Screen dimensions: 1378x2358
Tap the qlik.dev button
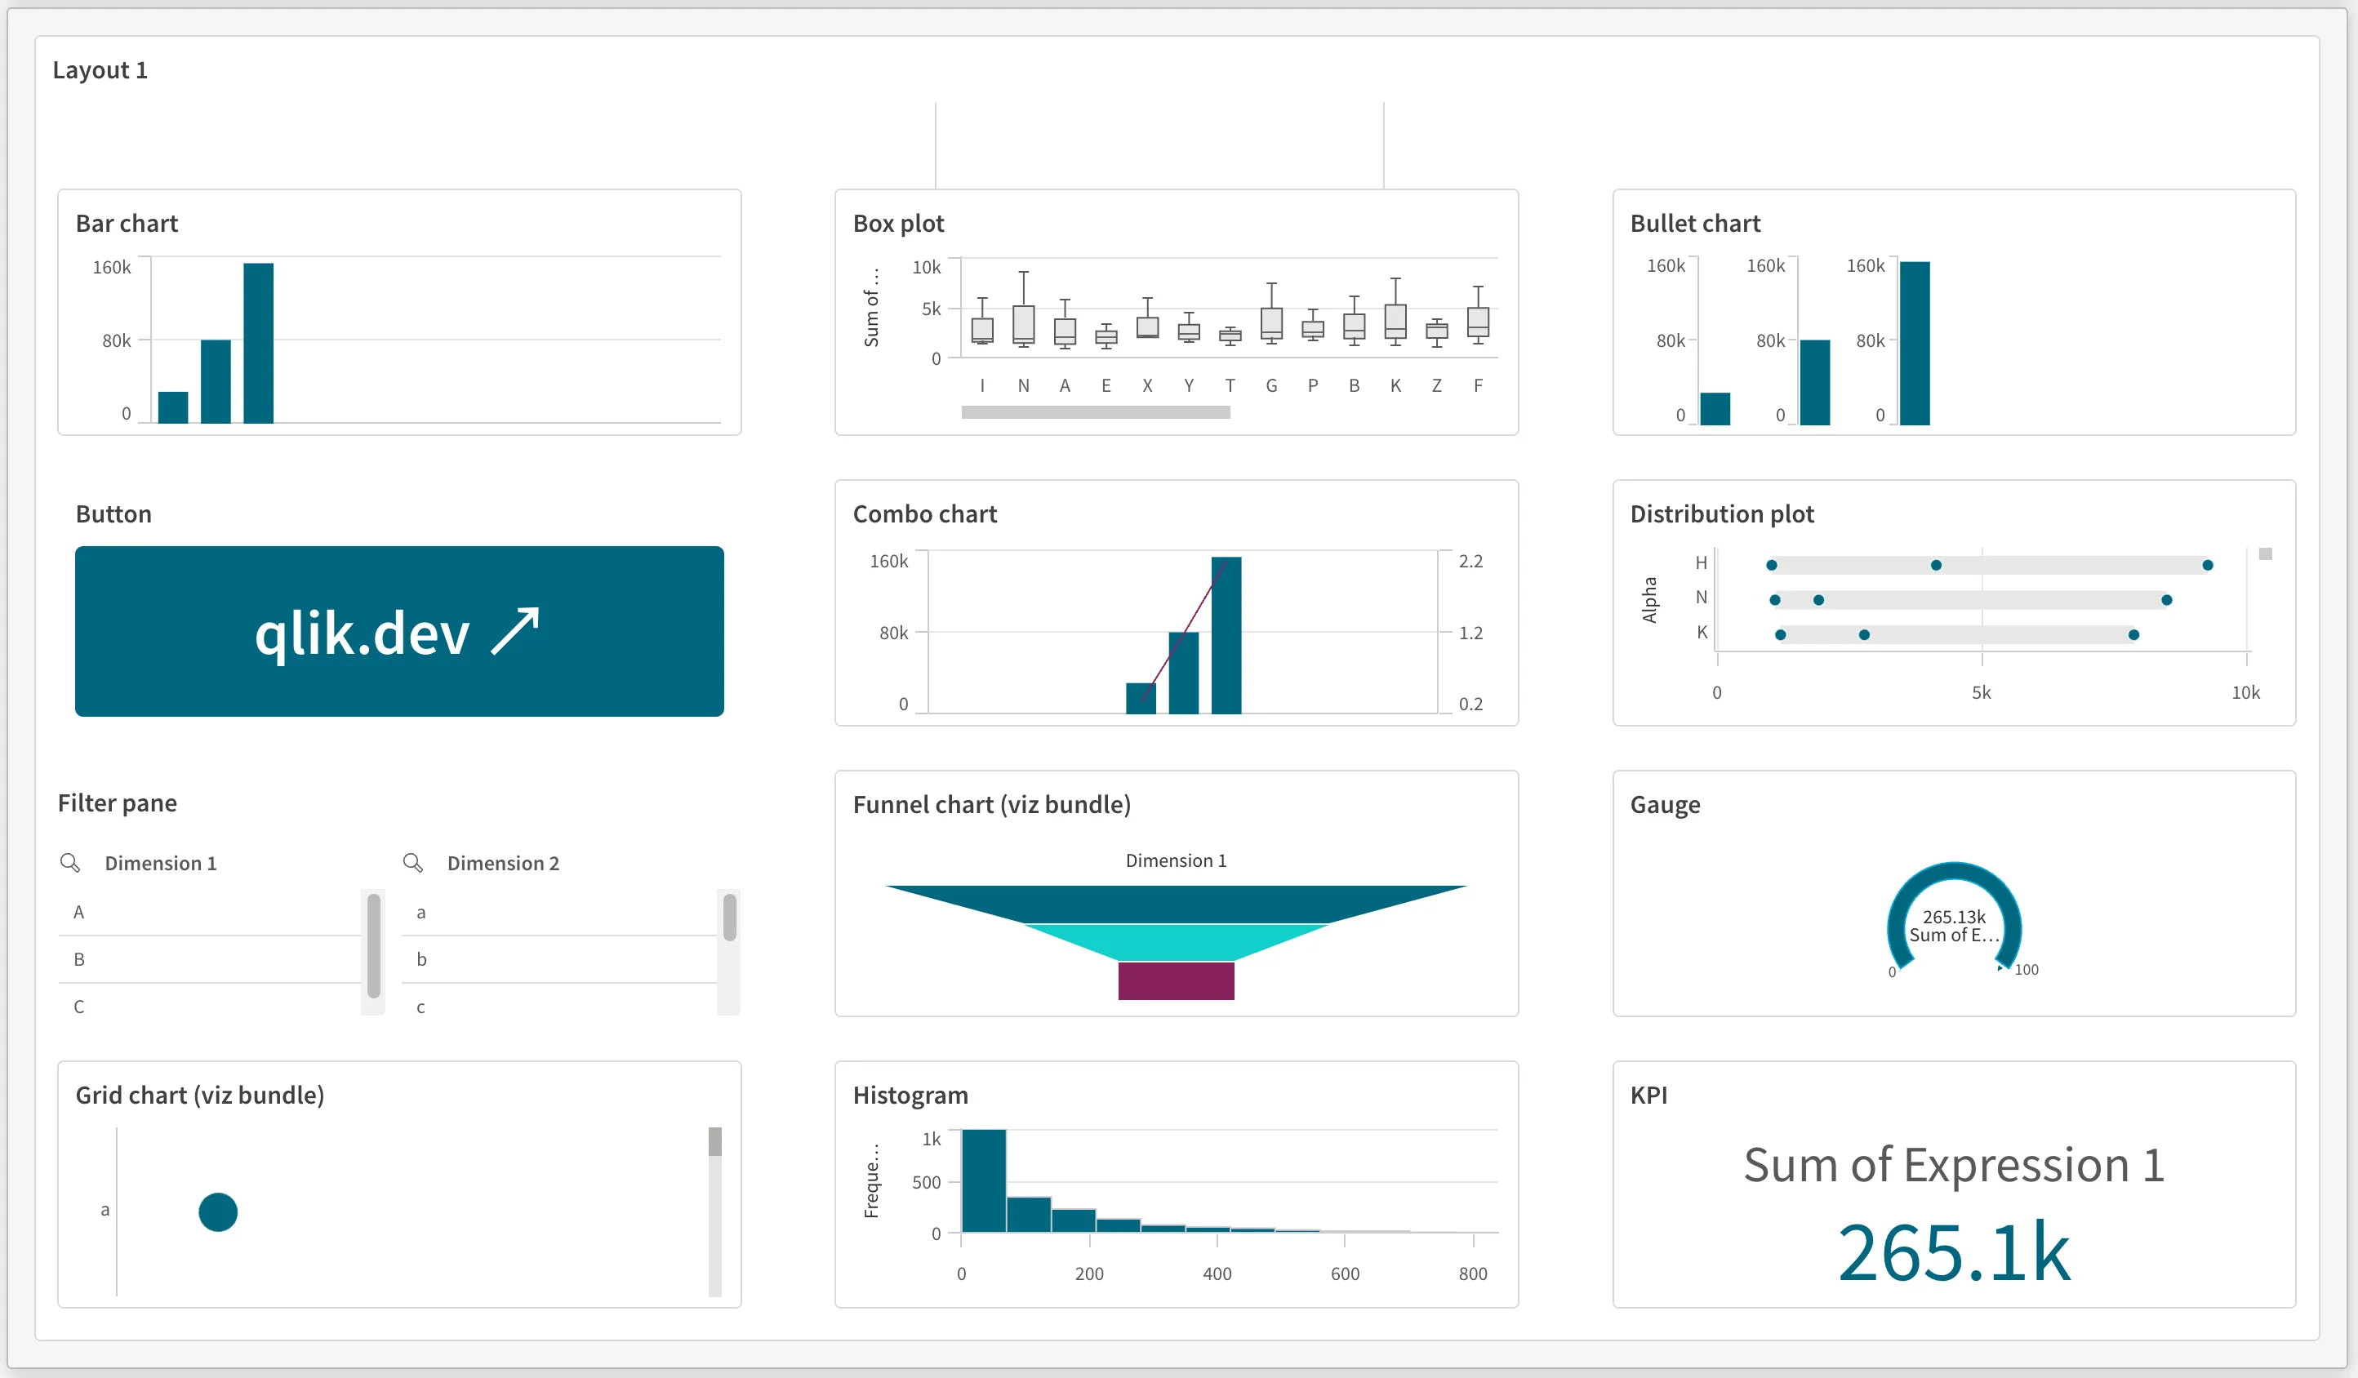point(398,632)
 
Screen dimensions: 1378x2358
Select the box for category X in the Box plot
point(1147,327)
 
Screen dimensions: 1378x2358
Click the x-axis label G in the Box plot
point(1270,385)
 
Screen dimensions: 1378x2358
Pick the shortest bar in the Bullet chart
point(1715,409)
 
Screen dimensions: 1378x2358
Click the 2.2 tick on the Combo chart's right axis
point(1470,562)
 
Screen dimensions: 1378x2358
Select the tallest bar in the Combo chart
point(1226,635)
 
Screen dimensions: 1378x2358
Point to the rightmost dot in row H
point(2207,565)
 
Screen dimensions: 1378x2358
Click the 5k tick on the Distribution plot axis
point(1981,693)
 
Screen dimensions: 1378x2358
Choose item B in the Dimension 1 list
point(79,959)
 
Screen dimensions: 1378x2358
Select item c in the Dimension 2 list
point(421,1007)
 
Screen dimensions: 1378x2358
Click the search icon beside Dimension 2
point(412,863)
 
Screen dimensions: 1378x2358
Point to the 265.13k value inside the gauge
point(1954,917)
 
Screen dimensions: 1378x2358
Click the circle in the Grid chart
point(218,1212)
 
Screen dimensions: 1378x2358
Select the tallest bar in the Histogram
point(983,1180)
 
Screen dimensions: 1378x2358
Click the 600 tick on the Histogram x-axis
point(1345,1274)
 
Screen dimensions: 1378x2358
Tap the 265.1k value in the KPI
point(1954,1252)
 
